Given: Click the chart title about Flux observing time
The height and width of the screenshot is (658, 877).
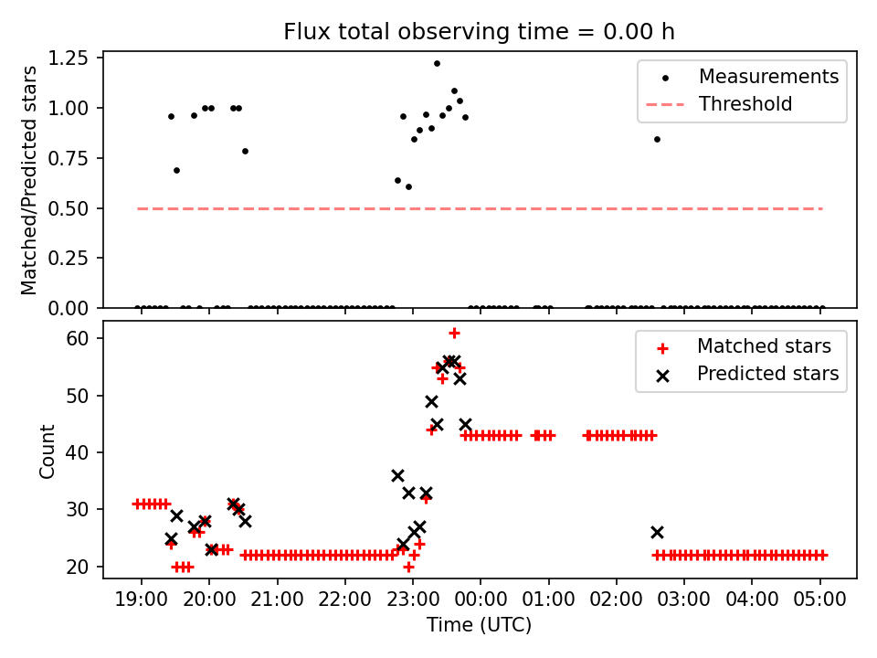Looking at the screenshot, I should (x=479, y=32).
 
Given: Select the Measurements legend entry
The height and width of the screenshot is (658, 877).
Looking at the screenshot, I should (x=768, y=77).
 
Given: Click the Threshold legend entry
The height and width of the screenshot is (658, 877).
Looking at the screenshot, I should (x=745, y=104).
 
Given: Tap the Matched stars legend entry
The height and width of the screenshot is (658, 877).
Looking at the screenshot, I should (x=764, y=346).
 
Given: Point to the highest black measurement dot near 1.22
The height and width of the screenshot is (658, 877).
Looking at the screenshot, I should (x=437, y=64).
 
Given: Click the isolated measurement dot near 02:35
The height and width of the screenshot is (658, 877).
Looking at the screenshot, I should (x=657, y=139).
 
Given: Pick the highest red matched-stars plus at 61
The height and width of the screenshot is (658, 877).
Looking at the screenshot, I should (x=454, y=333).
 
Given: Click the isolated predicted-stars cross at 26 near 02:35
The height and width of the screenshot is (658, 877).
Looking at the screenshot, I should (x=657, y=532).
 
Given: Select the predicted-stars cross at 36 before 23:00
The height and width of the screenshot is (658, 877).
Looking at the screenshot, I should (x=397, y=475).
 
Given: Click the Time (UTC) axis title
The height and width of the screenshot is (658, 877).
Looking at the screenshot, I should (x=479, y=625).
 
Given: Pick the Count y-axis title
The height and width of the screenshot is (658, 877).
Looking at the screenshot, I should (x=47, y=451).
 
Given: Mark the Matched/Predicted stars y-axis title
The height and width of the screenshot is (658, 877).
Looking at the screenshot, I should (x=29, y=180).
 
